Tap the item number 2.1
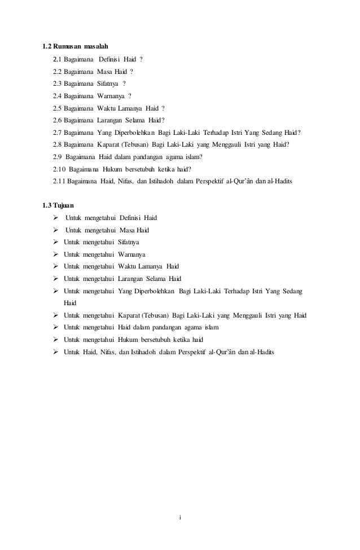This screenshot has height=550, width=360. (56, 59)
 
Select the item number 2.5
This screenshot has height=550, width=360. (56, 108)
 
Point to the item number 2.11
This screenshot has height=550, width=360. (58, 181)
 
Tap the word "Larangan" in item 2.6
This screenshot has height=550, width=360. (113, 120)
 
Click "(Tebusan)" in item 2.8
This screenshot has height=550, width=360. (134, 144)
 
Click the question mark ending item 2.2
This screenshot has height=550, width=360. (131, 71)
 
